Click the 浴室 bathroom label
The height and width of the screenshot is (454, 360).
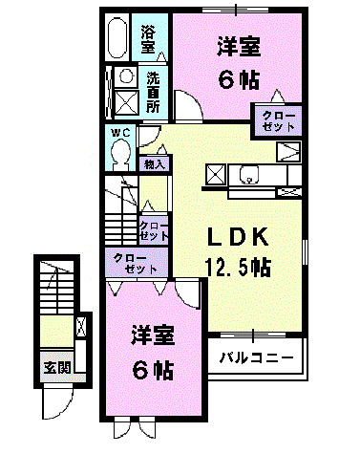(148, 37)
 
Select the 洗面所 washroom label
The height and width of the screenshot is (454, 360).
(153, 89)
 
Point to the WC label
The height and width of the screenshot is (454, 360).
(119, 132)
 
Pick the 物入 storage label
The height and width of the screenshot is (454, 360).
(154, 164)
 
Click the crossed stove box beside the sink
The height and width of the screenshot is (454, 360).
(215, 175)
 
